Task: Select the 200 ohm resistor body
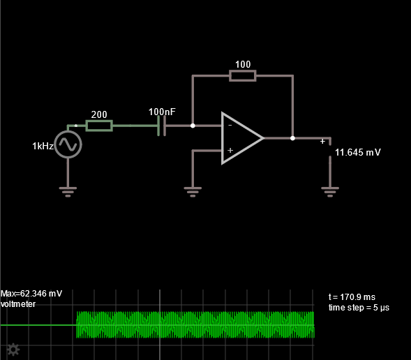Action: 99,126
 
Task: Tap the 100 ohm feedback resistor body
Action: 243,76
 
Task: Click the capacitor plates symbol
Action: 161,126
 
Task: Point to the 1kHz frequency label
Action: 43,146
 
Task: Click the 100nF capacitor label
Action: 162,112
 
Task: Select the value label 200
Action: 99,114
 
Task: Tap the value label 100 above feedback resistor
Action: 243,64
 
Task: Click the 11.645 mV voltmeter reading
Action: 358,152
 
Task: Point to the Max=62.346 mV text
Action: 31,294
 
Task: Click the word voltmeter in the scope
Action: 18,304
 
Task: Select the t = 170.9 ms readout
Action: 352,297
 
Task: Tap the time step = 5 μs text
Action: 359,308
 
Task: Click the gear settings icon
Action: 13,350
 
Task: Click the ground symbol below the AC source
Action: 68,192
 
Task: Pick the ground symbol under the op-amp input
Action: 193,192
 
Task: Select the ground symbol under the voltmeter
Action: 330,192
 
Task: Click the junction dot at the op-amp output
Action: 292,138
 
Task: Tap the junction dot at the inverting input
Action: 193,126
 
